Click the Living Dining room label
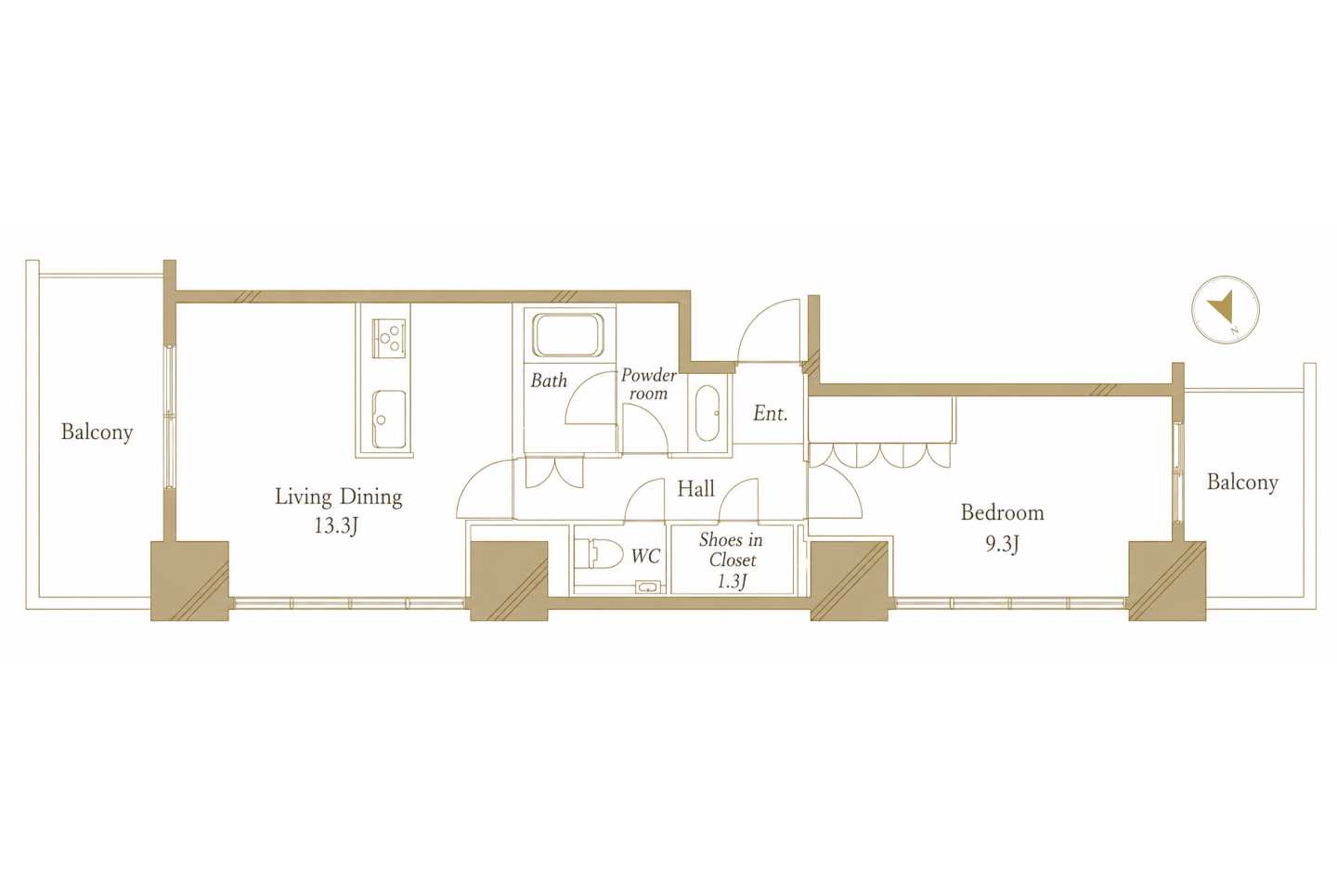(338, 497)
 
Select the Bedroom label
(1002, 512)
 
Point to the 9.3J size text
(1002, 544)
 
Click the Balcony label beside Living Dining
(97, 433)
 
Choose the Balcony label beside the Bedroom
(1242, 483)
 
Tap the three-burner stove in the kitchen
(389, 339)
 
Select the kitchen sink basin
(389, 419)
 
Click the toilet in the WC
(602, 554)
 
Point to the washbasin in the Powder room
(707, 413)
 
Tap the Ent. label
(770, 414)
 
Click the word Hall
(695, 489)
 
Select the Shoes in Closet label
(732, 560)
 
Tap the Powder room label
(648, 384)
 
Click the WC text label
(645, 557)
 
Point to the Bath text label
(549, 381)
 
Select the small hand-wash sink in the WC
(648, 588)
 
